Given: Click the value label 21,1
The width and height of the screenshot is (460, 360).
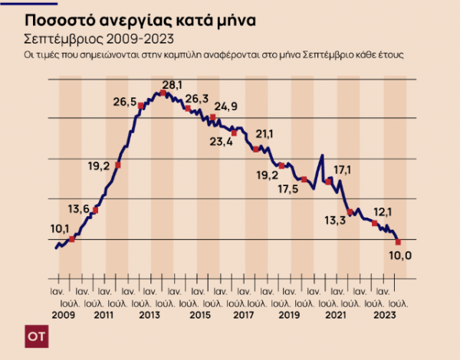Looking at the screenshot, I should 264,134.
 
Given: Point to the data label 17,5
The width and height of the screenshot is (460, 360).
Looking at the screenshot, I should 289,188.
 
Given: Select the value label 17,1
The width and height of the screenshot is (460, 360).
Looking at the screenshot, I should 343,169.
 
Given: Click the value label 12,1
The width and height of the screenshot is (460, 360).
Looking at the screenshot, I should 383,211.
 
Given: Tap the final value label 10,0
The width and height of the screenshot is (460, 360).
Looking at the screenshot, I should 402,255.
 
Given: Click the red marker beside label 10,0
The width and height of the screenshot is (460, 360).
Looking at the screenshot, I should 398,242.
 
